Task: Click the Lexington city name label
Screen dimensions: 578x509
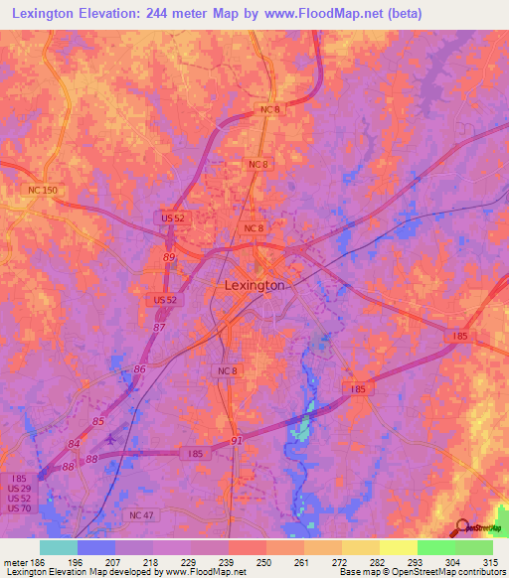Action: pyautogui.click(x=251, y=285)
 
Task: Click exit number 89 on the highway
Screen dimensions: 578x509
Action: pyautogui.click(x=169, y=257)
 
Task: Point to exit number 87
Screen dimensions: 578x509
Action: pyautogui.click(x=159, y=326)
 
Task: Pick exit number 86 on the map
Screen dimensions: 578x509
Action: pyautogui.click(x=141, y=368)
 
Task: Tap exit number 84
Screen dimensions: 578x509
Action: pyautogui.click(x=75, y=443)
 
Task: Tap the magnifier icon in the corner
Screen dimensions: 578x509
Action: pyautogui.click(x=464, y=526)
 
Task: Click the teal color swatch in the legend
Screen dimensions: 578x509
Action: pyautogui.click(x=59, y=547)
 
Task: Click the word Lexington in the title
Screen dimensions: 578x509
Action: pyautogui.click(x=53, y=14)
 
